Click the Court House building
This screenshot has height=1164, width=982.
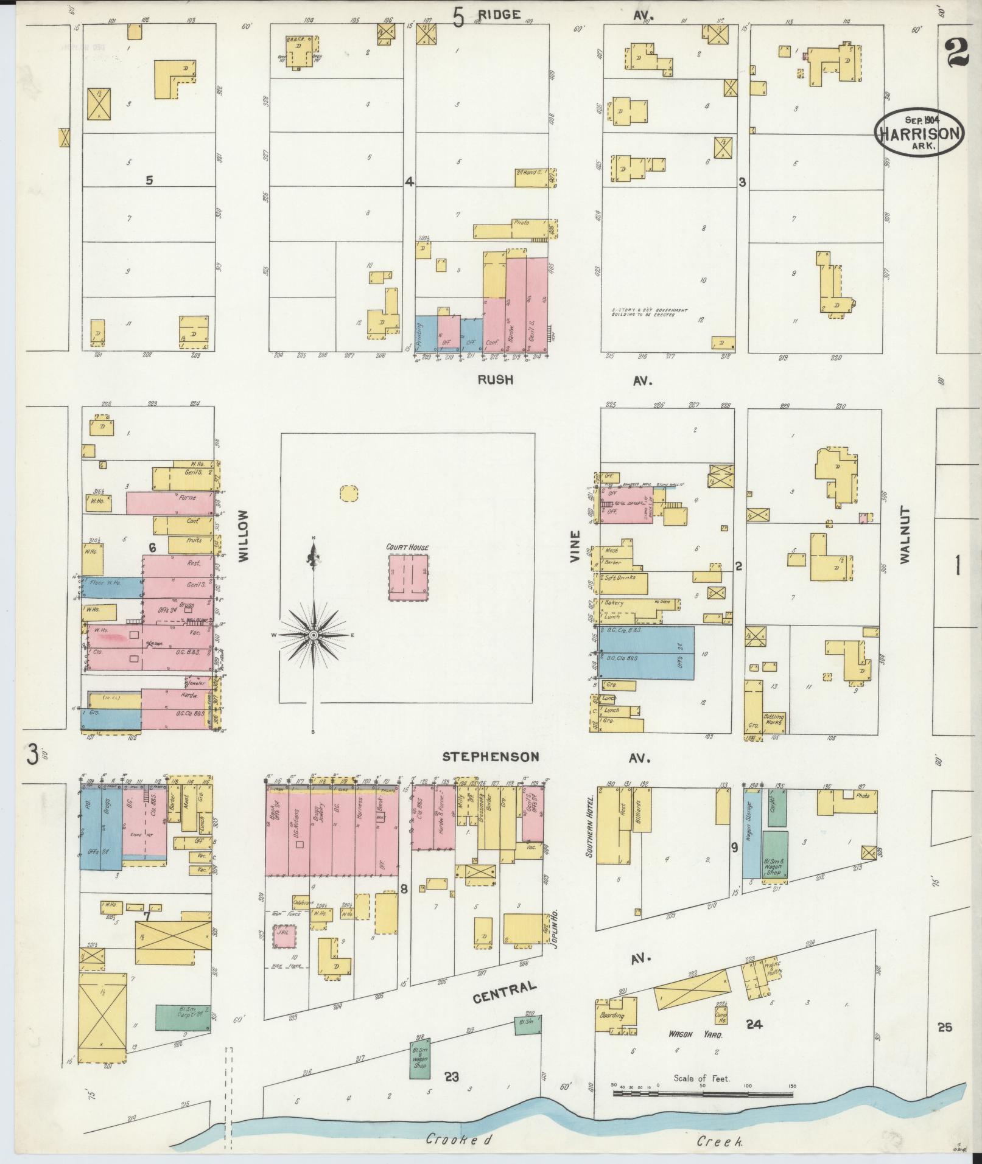coord(409,576)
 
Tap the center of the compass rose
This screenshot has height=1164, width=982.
coord(313,635)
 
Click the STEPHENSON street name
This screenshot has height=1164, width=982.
coord(490,757)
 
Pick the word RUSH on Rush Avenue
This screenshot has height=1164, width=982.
coord(495,380)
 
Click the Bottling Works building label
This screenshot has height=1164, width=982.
coord(774,721)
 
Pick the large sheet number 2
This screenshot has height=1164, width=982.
coord(958,53)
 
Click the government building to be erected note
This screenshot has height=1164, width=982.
coord(649,313)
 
